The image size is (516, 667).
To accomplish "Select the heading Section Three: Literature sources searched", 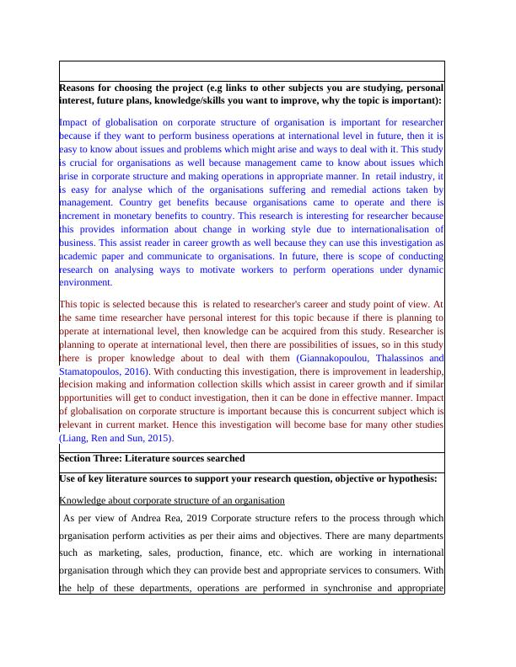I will coord(152,459).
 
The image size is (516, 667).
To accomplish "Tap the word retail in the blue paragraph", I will coord(386,176).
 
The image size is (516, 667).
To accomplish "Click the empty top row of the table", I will coord(251,70).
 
